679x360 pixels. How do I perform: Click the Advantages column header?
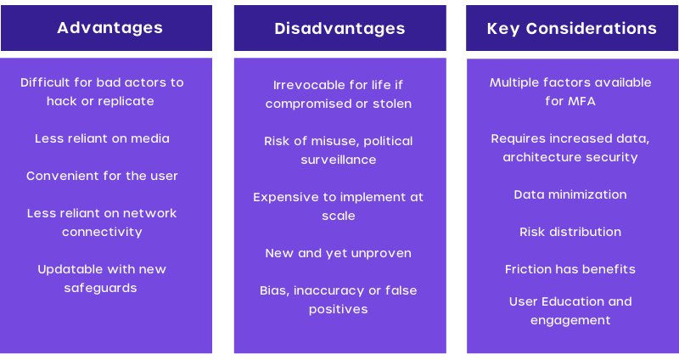tap(110, 28)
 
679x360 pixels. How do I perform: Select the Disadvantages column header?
tap(340, 29)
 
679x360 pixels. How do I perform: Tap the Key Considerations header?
tap(571, 29)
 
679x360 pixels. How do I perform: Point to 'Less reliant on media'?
tap(102, 138)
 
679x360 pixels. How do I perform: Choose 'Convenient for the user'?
tap(102, 176)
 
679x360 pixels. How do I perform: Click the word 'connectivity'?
tap(102, 232)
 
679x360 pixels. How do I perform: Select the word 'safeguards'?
tap(100, 288)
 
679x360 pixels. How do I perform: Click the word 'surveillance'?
tap(339, 160)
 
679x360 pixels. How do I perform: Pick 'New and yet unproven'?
tap(339, 253)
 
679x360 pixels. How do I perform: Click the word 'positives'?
tap(339, 309)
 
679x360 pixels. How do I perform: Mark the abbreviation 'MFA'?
tap(582, 101)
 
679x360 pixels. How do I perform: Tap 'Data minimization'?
tap(570, 194)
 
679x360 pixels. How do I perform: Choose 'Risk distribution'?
tap(570, 232)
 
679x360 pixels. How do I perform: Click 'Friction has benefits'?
tap(570, 269)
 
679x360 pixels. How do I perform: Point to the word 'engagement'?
tap(570, 320)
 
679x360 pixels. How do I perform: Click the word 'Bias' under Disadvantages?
tap(274, 290)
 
